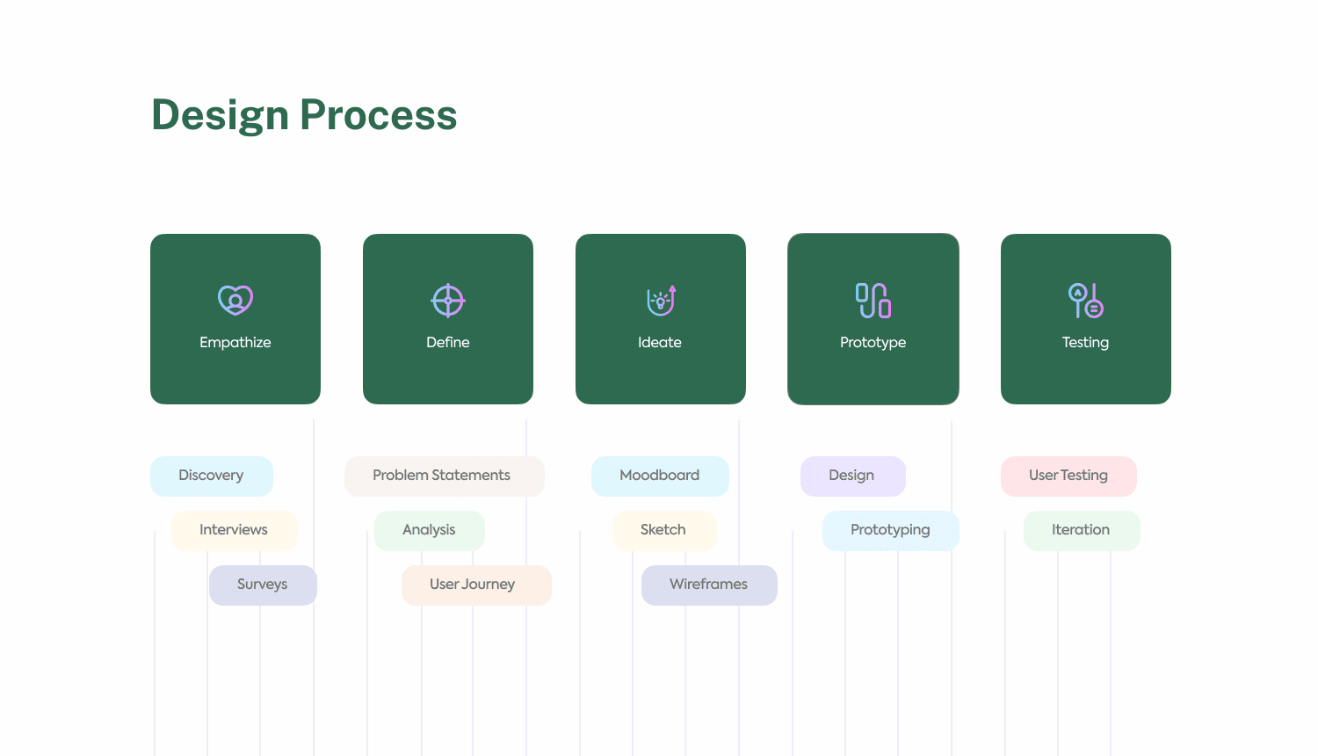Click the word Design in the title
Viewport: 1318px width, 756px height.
220,115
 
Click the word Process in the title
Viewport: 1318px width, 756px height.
379,114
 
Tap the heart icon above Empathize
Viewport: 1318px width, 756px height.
235,301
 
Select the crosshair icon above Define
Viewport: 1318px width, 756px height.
448,301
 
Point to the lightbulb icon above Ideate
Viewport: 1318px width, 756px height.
661,301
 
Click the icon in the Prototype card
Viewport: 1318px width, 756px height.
873,301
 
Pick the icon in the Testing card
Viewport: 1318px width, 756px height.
1085,301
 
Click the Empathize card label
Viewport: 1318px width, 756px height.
235,343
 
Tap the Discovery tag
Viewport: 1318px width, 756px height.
212,476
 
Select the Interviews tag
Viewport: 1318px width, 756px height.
235,530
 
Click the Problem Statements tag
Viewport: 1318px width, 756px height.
445,476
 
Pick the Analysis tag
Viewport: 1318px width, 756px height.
430,530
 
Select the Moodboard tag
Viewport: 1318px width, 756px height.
660,476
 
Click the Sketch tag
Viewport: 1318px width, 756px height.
664,530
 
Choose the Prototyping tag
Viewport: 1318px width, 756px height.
891,530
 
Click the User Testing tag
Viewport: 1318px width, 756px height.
1068,476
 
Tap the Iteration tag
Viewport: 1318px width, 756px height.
1082,530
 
